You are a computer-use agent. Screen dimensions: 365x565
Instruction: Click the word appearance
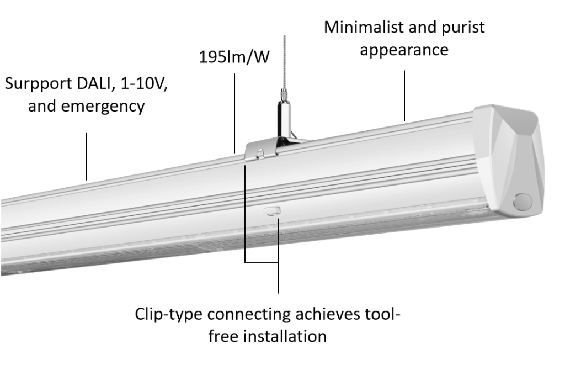404,50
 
